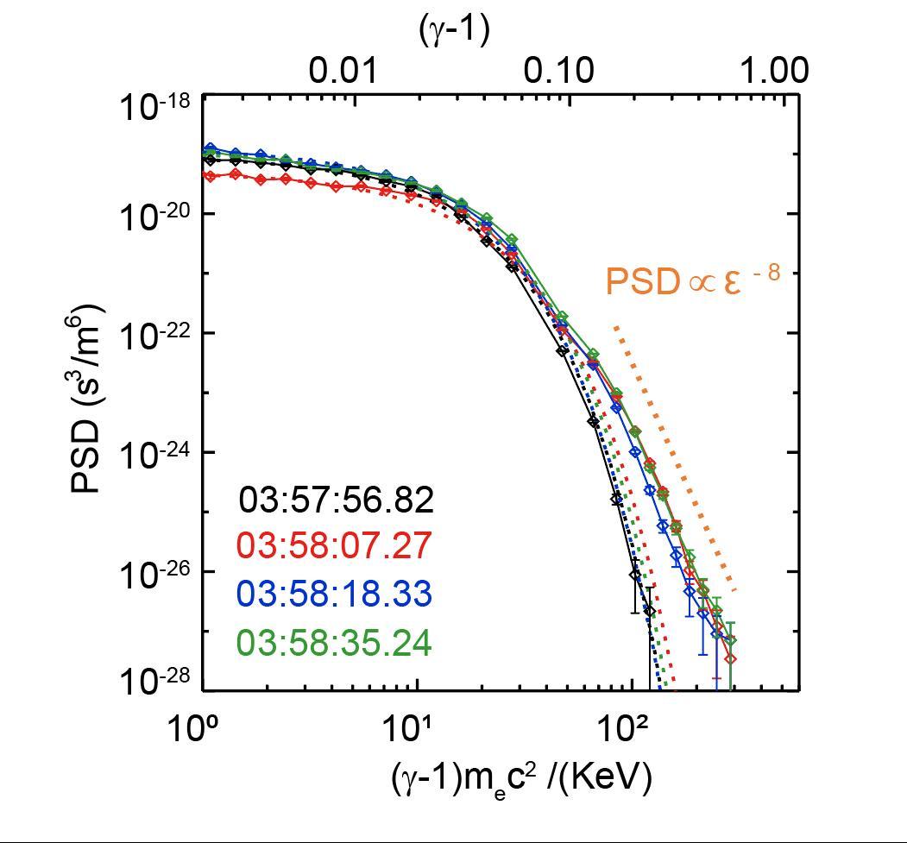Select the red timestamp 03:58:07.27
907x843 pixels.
click(x=334, y=547)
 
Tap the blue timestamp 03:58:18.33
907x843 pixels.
click(x=334, y=595)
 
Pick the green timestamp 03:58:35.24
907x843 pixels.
click(x=334, y=644)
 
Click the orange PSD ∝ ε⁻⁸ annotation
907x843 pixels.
click(x=692, y=281)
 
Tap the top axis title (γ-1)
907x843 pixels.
click(x=454, y=30)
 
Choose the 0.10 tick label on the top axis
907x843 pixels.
click(x=561, y=71)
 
